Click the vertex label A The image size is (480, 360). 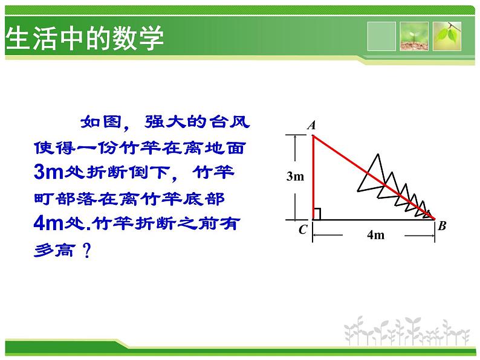click(x=311, y=126)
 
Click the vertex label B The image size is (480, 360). click(x=442, y=226)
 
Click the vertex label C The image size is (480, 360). click(x=303, y=230)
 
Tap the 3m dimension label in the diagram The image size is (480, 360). click(x=295, y=176)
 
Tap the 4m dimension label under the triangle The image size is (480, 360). click(x=376, y=235)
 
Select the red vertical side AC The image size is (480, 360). click(x=313, y=178)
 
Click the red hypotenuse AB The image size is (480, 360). click(x=374, y=178)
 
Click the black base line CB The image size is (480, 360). click(x=374, y=220)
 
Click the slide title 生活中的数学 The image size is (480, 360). click(x=85, y=38)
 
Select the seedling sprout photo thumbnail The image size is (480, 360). click(x=414, y=36)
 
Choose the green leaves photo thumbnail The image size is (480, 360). click(x=447, y=36)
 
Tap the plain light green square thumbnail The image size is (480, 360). click(x=381, y=36)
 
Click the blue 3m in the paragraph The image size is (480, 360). click(x=48, y=172)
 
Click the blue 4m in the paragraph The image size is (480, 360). click(x=48, y=223)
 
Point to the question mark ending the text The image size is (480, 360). click(x=87, y=251)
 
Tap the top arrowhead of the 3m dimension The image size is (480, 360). click(x=295, y=138)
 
